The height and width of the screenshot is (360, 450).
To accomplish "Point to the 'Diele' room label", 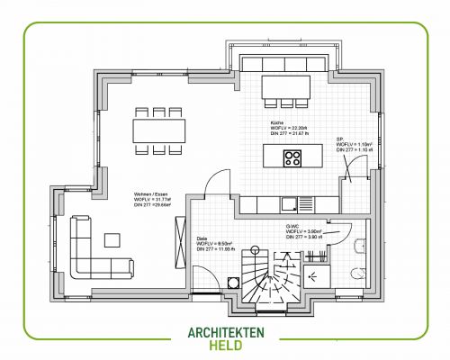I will tap(202, 238).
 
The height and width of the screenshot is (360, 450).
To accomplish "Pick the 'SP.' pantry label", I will tap(339, 139).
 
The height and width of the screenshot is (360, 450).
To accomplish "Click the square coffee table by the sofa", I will tap(112, 239).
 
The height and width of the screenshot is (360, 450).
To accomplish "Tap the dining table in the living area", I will tap(158, 131).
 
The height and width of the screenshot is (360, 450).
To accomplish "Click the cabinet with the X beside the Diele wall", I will tap(233, 280).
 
